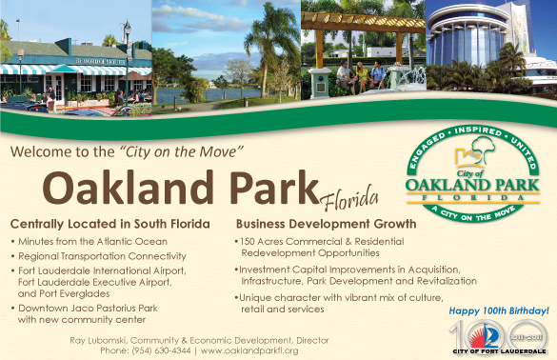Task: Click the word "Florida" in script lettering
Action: point(348,198)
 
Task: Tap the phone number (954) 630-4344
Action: point(161,350)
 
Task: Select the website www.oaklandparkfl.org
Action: point(249,350)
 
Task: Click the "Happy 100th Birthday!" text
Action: point(499,311)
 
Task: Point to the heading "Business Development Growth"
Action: point(326,224)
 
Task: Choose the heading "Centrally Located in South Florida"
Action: point(110,224)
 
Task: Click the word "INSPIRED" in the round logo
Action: point(478,130)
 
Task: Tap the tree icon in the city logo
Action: point(483,146)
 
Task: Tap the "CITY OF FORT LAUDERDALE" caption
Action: point(499,351)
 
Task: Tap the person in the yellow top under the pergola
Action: point(362,77)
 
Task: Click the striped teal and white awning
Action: point(75,70)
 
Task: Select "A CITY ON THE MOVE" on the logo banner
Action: point(473,214)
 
